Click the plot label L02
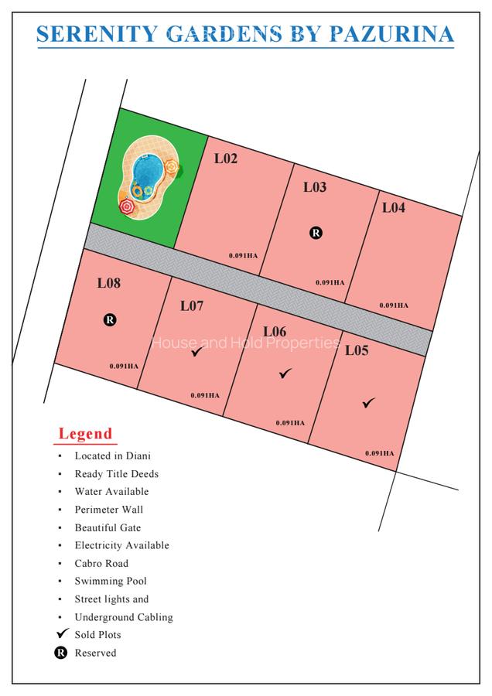pyautogui.click(x=226, y=159)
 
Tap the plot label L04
pyautogui.click(x=393, y=207)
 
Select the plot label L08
pyautogui.click(x=108, y=283)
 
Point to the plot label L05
pyautogui.click(x=357, y=350)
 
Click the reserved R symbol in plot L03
pyautogui.click(x=316, y=232)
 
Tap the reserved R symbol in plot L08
pyautogui.click(x=110, y=319)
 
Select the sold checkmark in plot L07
pyautogui.click(x=197, y=352)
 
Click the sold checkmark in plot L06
pyautogui.click(x=285, y=374)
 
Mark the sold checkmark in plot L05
pyautogui.click(x=368, y=403)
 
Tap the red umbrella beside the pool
pyautogui.click(x=127, y=206)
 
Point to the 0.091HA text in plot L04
pyautogui.click(x=394, y=305)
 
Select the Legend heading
pyautogui.click(x=86, y=434)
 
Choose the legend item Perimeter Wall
pyautogui.click(x=109, y=510)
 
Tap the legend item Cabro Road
pyautogui.click(x=101, y=563)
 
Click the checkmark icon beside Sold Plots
pyautogui.click(x=63, y=634)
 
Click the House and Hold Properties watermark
pyautogui.click(x=245, y=343)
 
